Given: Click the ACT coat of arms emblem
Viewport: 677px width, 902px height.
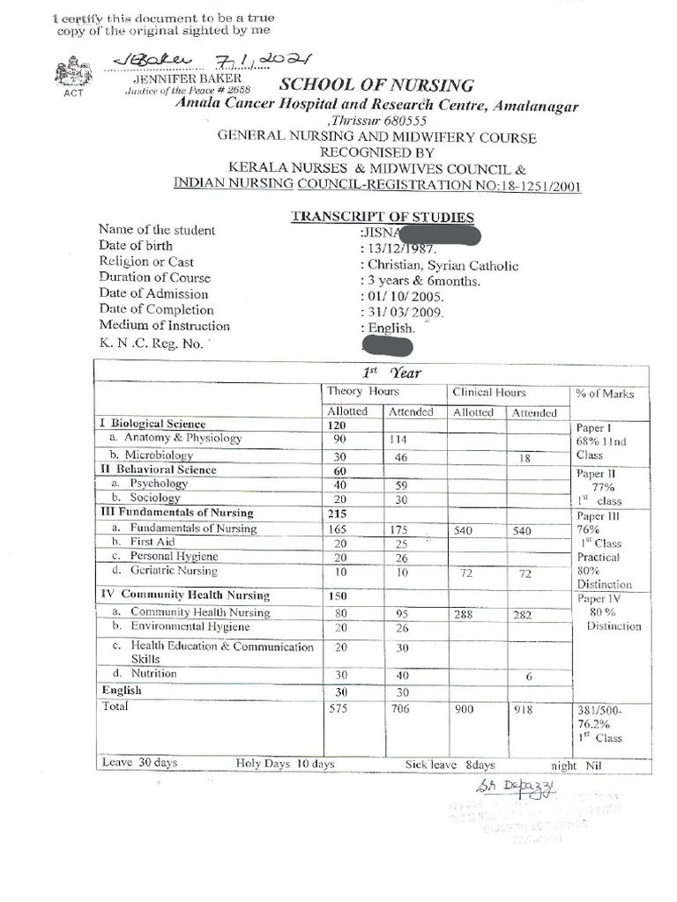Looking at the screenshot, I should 71,74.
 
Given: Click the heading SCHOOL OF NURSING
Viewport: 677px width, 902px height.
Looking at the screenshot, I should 376,85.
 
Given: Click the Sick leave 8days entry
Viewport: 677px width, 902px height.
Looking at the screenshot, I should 450,764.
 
